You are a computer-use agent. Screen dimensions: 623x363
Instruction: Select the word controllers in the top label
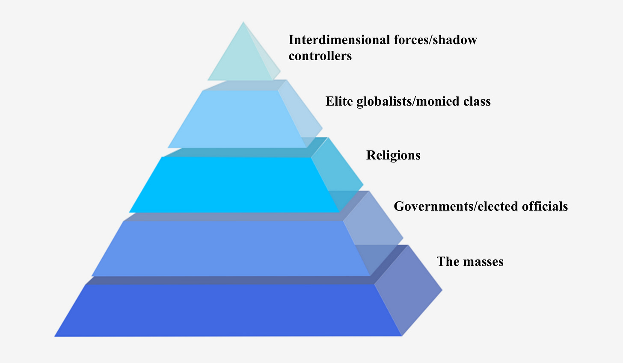point(320,56)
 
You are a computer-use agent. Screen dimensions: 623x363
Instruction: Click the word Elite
point(339,101)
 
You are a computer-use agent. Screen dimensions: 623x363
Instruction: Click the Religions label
point(393,155)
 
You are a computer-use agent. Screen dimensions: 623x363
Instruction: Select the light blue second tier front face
point(237,120)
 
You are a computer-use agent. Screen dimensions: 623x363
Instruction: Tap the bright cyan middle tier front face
point(234,185)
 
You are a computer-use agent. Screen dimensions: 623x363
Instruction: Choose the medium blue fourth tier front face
point(231,248)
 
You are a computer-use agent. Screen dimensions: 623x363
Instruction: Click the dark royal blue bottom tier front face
point(228,310)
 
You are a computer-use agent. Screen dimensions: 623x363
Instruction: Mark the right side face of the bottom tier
point(409,291)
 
